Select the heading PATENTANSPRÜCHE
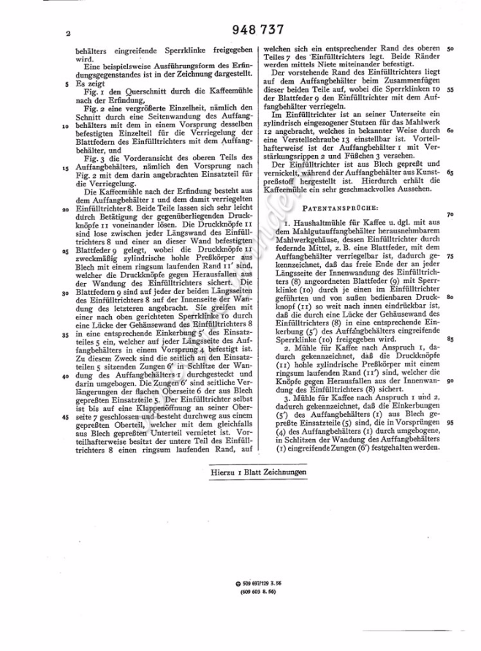click(x=355, y=208)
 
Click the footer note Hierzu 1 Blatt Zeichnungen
click(x=253, y=473)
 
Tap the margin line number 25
click(x=66, y=249)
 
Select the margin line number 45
click(x=66, y=416)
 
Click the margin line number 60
click(x=451, y=131)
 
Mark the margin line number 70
click(x=451, y=214)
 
